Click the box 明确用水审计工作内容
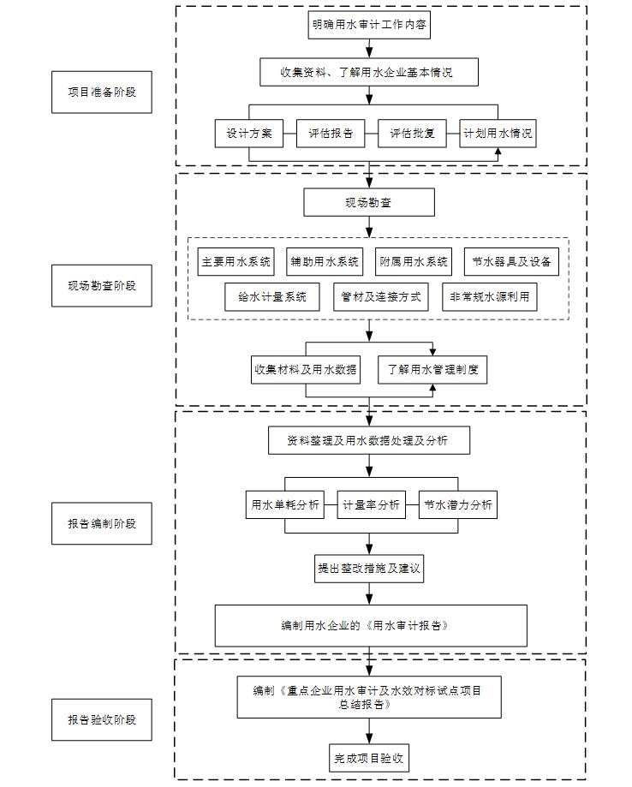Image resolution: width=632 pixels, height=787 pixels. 369,25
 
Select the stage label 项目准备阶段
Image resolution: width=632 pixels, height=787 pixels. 101,92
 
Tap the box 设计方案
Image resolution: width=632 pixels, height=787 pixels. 249,133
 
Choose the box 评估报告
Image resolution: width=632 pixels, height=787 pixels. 331,133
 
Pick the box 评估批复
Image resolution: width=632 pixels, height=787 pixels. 412,133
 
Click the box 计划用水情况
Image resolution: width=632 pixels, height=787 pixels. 498,133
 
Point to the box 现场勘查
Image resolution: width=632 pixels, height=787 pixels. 369,202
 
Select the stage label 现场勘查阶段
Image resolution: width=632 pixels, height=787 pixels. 101,285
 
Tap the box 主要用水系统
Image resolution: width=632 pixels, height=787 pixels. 236,261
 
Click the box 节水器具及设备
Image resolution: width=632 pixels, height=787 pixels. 511,261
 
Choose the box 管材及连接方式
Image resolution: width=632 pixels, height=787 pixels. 381,296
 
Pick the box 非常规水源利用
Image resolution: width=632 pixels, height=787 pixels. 490,296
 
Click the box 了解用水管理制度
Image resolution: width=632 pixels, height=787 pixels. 432,370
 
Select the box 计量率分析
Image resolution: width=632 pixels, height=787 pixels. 371,504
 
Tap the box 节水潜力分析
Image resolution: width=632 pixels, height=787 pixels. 458,504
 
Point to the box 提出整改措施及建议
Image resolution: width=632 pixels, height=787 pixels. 369,568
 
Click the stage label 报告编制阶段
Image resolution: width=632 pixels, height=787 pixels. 101,523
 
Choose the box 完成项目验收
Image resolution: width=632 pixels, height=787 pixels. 369,758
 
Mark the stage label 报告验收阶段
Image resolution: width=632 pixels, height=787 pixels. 101,719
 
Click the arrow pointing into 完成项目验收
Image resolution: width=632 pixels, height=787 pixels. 369,730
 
